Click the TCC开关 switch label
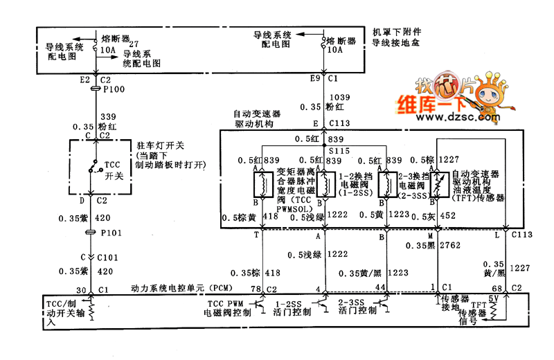[114, 171]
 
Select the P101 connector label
[111, 233]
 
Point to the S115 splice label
[339, 150]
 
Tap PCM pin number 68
[497, 288]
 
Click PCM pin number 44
[379, 287]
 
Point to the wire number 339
[108, 117]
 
